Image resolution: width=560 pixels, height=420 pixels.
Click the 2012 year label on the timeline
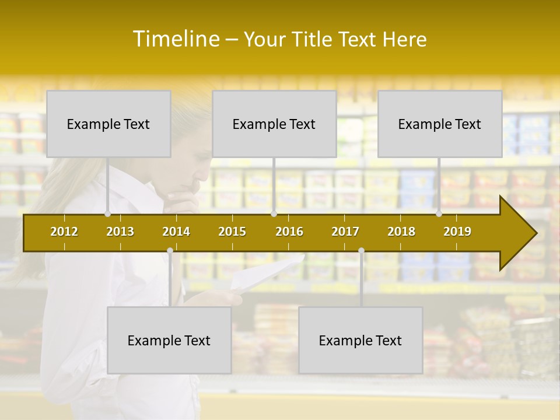click(x=64, y=232)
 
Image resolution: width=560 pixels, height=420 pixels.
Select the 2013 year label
click(x=120, y=232)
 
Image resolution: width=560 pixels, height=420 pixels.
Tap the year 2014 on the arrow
click(x=176, y=232)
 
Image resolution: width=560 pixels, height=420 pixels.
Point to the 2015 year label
click(x=232, y=232)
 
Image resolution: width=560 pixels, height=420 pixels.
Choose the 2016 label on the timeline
click(x=289, y=232)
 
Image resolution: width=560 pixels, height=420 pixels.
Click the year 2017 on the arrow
click(x=345, y=232)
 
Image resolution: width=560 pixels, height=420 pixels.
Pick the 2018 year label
click(x=401, y=232)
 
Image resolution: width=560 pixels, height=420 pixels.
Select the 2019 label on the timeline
click(x=457, y=232)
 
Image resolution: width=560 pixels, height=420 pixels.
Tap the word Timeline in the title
click(x=175, y=39)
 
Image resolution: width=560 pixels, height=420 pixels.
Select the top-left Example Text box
click(x=108, y=124)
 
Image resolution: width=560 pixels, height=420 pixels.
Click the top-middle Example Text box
click(x=274, y=124)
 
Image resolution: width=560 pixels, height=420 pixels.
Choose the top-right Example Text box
click(x=440, y=124)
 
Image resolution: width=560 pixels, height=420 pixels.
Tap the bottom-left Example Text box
click(x=169, y=340)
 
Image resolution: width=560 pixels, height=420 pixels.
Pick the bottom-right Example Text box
click(x=360, y=340)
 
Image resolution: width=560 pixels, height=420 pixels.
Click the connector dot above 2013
click(x=108, y=214)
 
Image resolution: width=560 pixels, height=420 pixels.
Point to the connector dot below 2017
click(x=361, y=251)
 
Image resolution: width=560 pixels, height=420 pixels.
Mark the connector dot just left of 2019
click(x=439, y=214)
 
